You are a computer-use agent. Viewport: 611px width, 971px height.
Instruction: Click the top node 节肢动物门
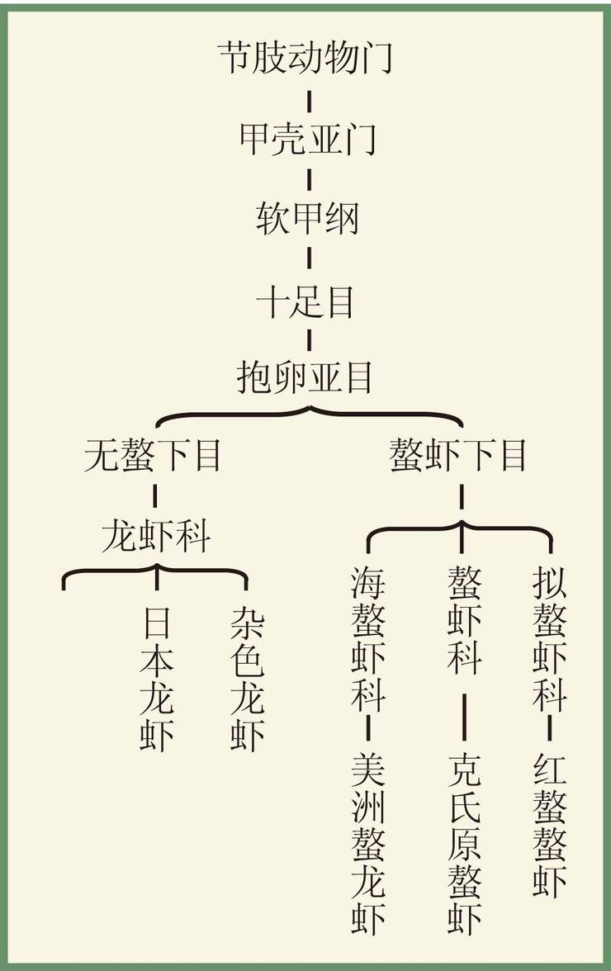(305, 58)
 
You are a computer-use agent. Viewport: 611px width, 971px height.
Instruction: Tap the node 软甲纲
(308, 219)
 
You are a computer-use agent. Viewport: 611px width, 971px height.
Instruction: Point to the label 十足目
(305, 302)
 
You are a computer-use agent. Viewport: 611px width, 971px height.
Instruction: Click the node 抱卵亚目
(305, 377)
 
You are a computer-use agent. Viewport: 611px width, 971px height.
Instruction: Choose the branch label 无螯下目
(153, 455)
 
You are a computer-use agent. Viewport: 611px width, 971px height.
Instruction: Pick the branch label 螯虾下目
(458, 455)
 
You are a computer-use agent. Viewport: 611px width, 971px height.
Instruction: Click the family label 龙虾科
(156, 536)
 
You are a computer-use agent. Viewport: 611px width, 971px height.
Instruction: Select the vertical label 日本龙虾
(157, 678)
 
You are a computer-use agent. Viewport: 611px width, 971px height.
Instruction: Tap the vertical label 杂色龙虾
(248, 678)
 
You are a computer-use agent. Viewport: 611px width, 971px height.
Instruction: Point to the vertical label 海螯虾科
(368, 638)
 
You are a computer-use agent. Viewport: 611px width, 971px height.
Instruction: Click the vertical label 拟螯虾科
(550, 638)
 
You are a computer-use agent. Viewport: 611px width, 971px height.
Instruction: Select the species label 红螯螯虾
(550, 824)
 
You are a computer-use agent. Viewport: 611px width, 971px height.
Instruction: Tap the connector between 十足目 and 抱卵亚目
(309, 340)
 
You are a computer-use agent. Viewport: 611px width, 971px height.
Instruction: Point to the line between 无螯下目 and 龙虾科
(154, 496)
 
